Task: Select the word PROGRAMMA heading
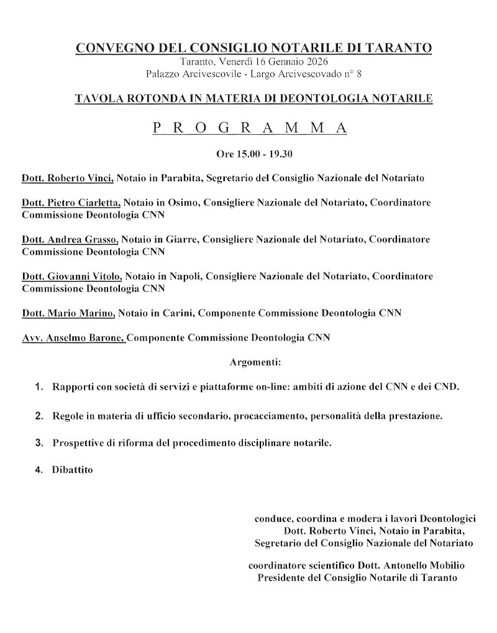(249, 128)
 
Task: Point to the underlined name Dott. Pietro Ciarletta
(71, 203)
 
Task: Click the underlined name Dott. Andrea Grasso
(70, 239)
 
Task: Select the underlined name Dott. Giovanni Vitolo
(72, 275)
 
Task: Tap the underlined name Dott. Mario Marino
(68, 313)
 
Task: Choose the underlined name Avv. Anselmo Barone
(73, 338)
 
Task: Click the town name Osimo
(183, 203)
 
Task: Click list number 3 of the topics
(39, 442)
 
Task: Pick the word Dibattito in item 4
(72, 470)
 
